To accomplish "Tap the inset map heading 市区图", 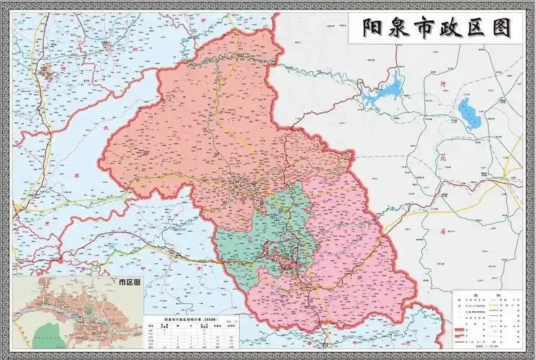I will (x=127, y=283).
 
